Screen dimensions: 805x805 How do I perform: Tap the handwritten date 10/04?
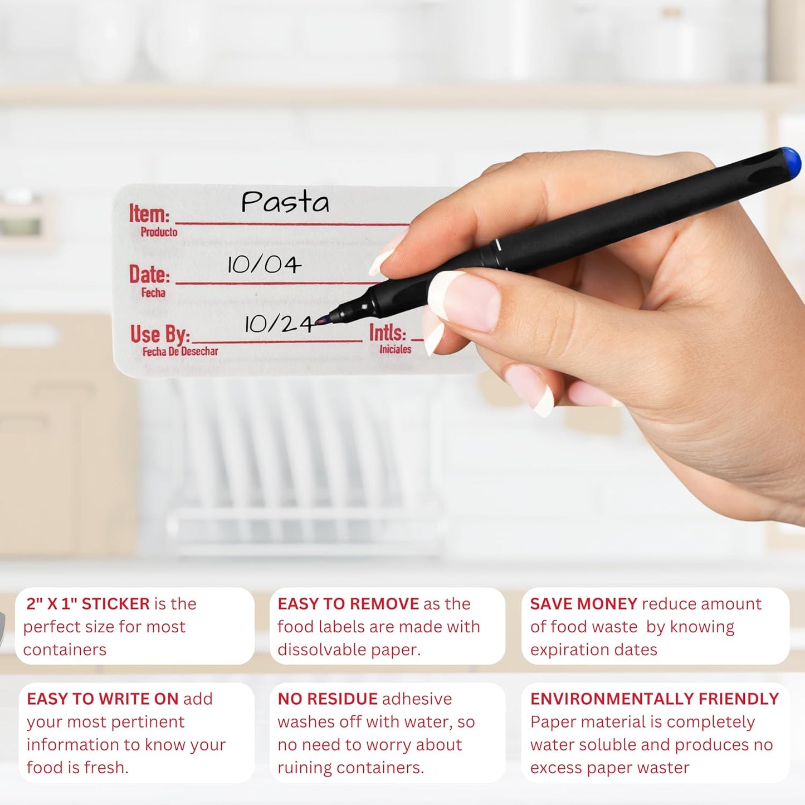click(264, 265)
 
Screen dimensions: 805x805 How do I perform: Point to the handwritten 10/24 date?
click(279, 324)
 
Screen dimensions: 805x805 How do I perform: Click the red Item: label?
click(149, 213)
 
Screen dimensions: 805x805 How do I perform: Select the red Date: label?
click(149, 274)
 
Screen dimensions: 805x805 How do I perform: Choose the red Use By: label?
click(160, 334)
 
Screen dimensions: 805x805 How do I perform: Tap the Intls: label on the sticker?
click(387, 333)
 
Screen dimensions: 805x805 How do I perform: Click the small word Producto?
click(159, 232)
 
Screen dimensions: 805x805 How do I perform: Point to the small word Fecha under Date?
click(153, 293)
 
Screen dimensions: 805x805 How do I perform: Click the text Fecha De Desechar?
click(180, 352)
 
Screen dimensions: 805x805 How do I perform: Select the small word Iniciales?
click(395, 349)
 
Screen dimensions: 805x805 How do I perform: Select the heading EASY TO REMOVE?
click(348, 604)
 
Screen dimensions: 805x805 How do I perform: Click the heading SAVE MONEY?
click(584, 604)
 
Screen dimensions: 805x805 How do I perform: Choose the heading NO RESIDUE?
click(328, 699)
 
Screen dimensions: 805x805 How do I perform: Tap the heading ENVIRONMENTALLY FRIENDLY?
click(655, 699)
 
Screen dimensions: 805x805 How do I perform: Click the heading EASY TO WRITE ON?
click(103, 699)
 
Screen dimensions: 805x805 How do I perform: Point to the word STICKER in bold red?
click(116, 604)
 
